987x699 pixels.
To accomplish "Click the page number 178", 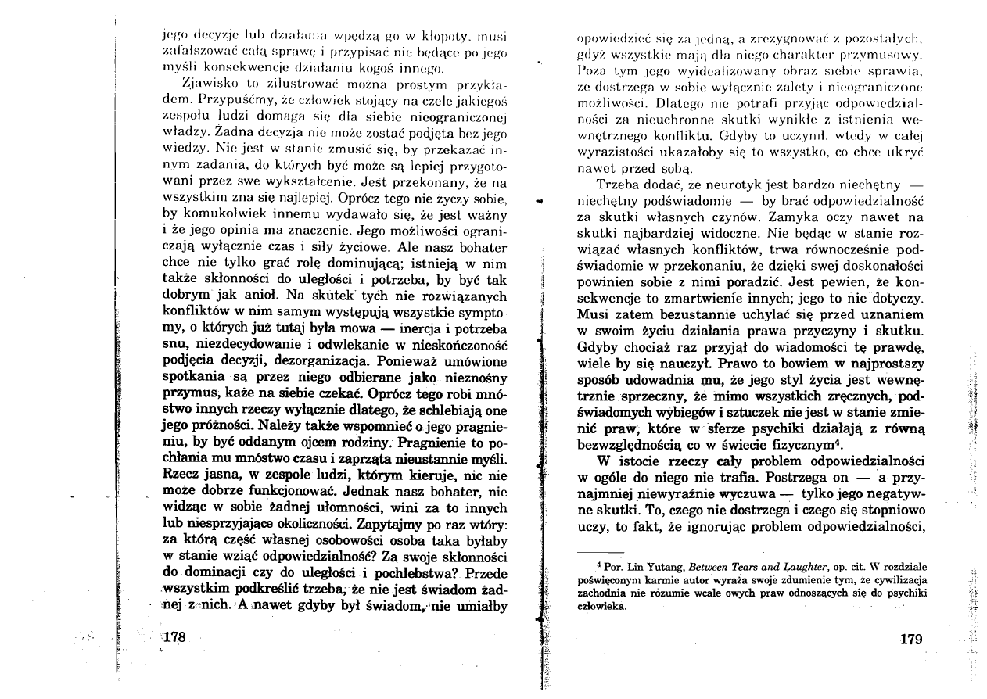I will tap(170, 638).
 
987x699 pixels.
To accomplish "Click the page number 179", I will tap(911, 638).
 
